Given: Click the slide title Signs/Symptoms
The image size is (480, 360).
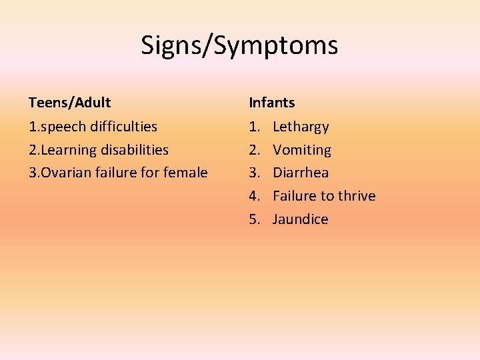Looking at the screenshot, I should [x=239, y=45].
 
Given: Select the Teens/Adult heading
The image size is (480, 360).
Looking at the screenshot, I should [x=69, y=103].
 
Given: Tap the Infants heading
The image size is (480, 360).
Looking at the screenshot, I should [x=271, y=103].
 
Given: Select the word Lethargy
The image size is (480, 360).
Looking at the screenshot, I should [x=301, y=127].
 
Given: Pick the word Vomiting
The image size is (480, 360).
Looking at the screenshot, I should [x=302, y=150].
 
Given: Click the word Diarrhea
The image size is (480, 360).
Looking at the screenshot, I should [x=301, y=173].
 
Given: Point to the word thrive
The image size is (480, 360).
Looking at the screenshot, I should [x=354, y=196].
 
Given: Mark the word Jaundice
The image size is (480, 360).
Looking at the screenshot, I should [x=301, y=219].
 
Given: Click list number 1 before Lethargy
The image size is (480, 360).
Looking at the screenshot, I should [x=254, y=127].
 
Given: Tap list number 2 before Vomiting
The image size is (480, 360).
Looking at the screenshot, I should [x=254, y=150].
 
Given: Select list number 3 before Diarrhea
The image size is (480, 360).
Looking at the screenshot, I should [x=254, y=173].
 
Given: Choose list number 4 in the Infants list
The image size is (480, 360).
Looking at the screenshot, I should [x=254, y=196].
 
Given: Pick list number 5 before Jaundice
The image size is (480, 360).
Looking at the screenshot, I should [x=254, y=219].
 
